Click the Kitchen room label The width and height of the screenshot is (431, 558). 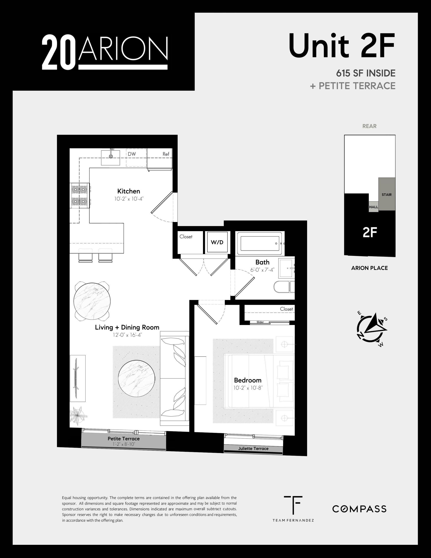pos(128,191)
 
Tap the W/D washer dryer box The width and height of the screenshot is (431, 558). pos(217,242)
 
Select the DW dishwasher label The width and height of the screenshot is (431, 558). pos(132,154)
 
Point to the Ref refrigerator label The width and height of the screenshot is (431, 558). pos(166,154)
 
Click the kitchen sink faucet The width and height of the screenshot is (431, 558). pos(111,155)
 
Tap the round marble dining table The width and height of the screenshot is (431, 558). pos(92,301)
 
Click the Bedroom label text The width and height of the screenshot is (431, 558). pos(247,380)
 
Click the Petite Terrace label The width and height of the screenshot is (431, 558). pos(123,439)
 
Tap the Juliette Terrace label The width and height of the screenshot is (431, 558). pos(253,448)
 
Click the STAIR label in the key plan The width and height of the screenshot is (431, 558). pos(387,195)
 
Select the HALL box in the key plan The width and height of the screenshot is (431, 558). pos(373,207)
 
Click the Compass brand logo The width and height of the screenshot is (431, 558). pos(359,509)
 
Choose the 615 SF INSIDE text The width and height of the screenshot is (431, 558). pos(366,73)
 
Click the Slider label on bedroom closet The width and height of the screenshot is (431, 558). pos(260,322)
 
